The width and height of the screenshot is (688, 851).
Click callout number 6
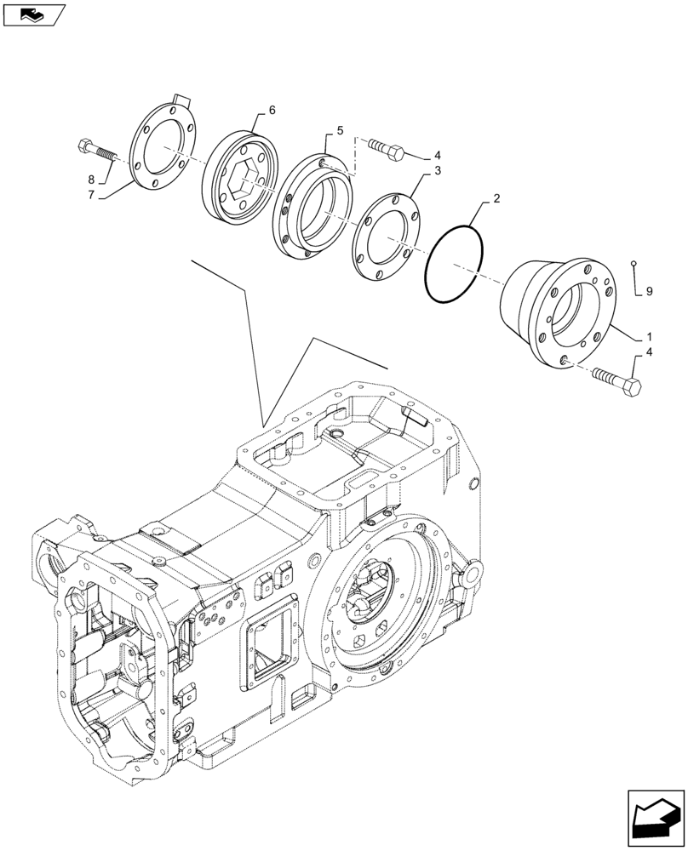(x=272, y=111)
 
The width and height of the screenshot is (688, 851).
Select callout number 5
(x=340, y=130)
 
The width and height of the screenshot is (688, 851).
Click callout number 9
(x=649, y=291)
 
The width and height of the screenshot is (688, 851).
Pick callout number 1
(x=649, y=337)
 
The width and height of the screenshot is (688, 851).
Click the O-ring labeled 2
(x=454, y=263)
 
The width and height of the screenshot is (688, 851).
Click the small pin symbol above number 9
(x=635, y=263)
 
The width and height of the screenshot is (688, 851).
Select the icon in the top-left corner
(x=34, y=14)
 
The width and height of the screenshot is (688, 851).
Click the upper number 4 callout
(x=437, y=156)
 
